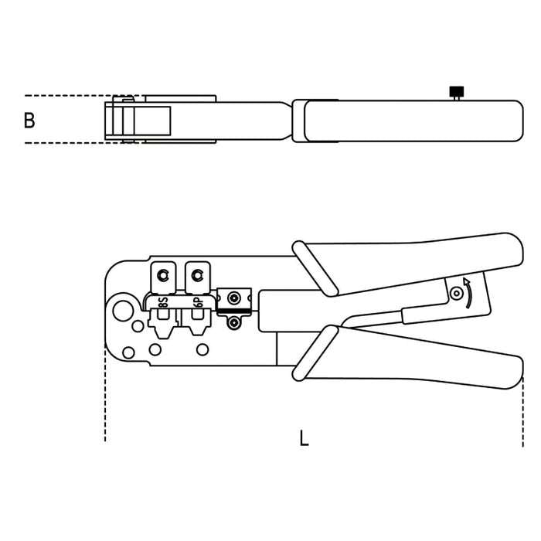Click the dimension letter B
pos(29,121)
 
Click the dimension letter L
pos(304,438)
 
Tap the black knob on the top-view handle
pos(457,92)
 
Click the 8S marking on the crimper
pos(163,302)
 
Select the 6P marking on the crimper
pos(198,303)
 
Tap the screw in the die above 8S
pos(163,275)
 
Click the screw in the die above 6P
pos(197,275)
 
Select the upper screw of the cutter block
pos(234,298)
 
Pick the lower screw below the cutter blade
pos(233,322)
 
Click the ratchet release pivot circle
pos(457,294)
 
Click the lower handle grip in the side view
pos(407,357)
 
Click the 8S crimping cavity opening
pos(163,314)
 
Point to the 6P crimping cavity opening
pos(198,314)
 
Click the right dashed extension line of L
pos(523,412)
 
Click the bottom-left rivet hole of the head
pos(129,352)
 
